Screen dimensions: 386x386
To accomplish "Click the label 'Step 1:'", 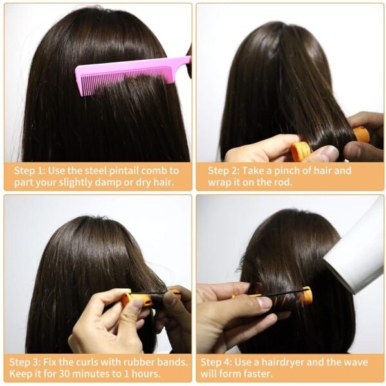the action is [x=30, y=170].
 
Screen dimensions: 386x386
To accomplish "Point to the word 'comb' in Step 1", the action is [x=154, y=170].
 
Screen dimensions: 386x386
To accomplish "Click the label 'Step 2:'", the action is [x=224, y=170].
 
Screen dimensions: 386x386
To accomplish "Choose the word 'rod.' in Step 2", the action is [x=284, y=183].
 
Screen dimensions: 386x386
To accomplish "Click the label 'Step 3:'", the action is [x=25, y=362].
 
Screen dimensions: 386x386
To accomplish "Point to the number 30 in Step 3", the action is [x=64, y=374].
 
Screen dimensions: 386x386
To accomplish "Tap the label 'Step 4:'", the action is [x=216, y=362].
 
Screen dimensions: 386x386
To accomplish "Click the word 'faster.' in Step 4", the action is [x=259, y=374].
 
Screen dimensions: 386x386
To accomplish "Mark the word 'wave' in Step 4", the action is [x=356, y=362].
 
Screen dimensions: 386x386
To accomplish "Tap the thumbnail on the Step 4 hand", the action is [x=263, y=302].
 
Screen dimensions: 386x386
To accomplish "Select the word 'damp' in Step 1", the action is [x=108, y=183].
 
